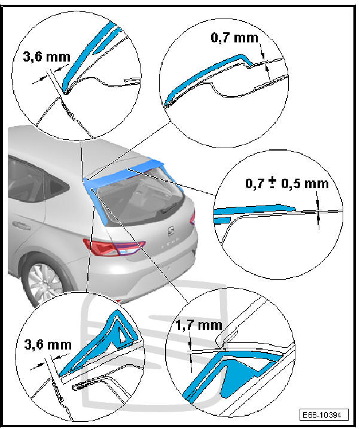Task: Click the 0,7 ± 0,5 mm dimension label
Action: tap(287, 183)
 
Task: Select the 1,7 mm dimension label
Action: tap(199, 325)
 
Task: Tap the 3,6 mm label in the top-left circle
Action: tap(47, 57)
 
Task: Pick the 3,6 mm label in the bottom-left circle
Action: tap(48, 345)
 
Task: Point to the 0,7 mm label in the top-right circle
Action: tap(234, 38)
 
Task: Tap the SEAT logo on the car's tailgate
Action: tap(172, 231)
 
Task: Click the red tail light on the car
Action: tap(114, 247)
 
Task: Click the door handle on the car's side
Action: tap(21, 225)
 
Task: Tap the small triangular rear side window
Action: tap(56, 185)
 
